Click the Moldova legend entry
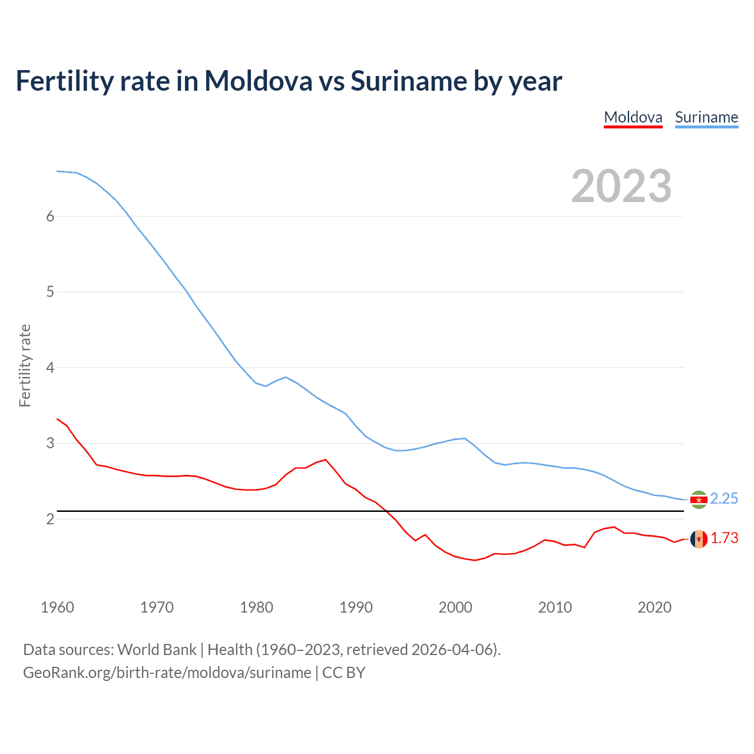pos(633,117)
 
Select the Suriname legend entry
pos(706,117)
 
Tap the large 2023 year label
pos(621,186)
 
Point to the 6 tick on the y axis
pos(50,216)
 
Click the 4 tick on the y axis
pos(50,368)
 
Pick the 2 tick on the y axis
pos(50,519)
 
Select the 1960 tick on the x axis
pos(57,607)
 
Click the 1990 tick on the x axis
pos(356,607)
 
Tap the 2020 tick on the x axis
pos(654,607)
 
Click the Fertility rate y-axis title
pos(25,365)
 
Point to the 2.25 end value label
pos(724,499)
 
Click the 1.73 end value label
pos(724,538)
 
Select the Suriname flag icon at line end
pos(699,500)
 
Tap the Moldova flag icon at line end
pos(699,539)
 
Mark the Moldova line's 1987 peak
pos(325,459)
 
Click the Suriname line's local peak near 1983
pos(286,377)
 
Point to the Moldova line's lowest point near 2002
pos(475,560)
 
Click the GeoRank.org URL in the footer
pos(167,673)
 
